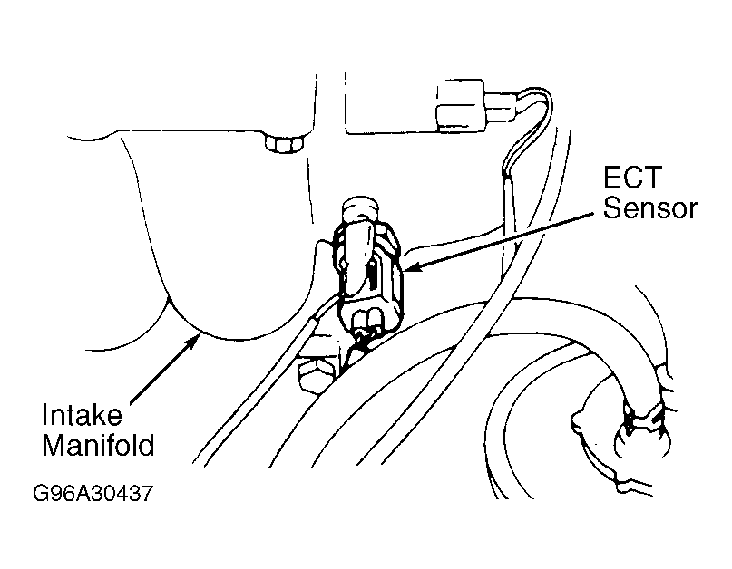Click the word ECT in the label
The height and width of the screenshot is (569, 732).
pos(632,178)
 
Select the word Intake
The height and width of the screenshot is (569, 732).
pos(82,415)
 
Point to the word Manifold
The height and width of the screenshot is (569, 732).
pos(98,445)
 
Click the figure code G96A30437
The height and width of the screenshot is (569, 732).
pos(93,493)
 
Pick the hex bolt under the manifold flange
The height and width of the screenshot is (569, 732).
pos(283,143)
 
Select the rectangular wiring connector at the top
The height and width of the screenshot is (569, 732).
pos(460,106)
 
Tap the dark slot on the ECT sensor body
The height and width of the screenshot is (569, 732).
pos(373,276)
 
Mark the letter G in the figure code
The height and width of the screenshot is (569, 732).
pos(40,493)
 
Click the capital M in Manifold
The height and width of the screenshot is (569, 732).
pos(53,445)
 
